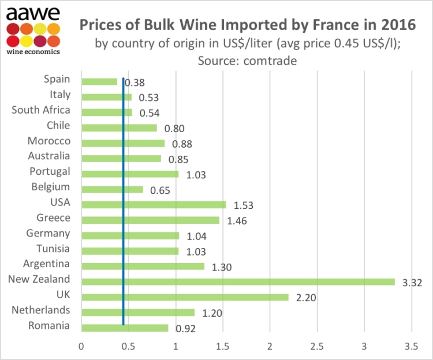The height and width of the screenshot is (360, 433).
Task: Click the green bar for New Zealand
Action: coord(238,282)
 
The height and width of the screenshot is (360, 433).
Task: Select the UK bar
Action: coord(185,297)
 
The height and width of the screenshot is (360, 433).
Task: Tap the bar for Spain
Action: coord(100,81)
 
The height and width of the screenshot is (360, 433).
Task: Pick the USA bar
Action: coord(154,204)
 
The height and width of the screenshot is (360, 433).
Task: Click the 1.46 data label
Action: coord(237,221)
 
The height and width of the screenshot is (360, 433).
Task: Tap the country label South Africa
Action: coord(41,110)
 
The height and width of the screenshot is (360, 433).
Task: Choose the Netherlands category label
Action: coord(41,310)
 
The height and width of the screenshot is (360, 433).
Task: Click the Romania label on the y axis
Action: coord(49,326)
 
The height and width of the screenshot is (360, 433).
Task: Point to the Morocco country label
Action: coord(49,141)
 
